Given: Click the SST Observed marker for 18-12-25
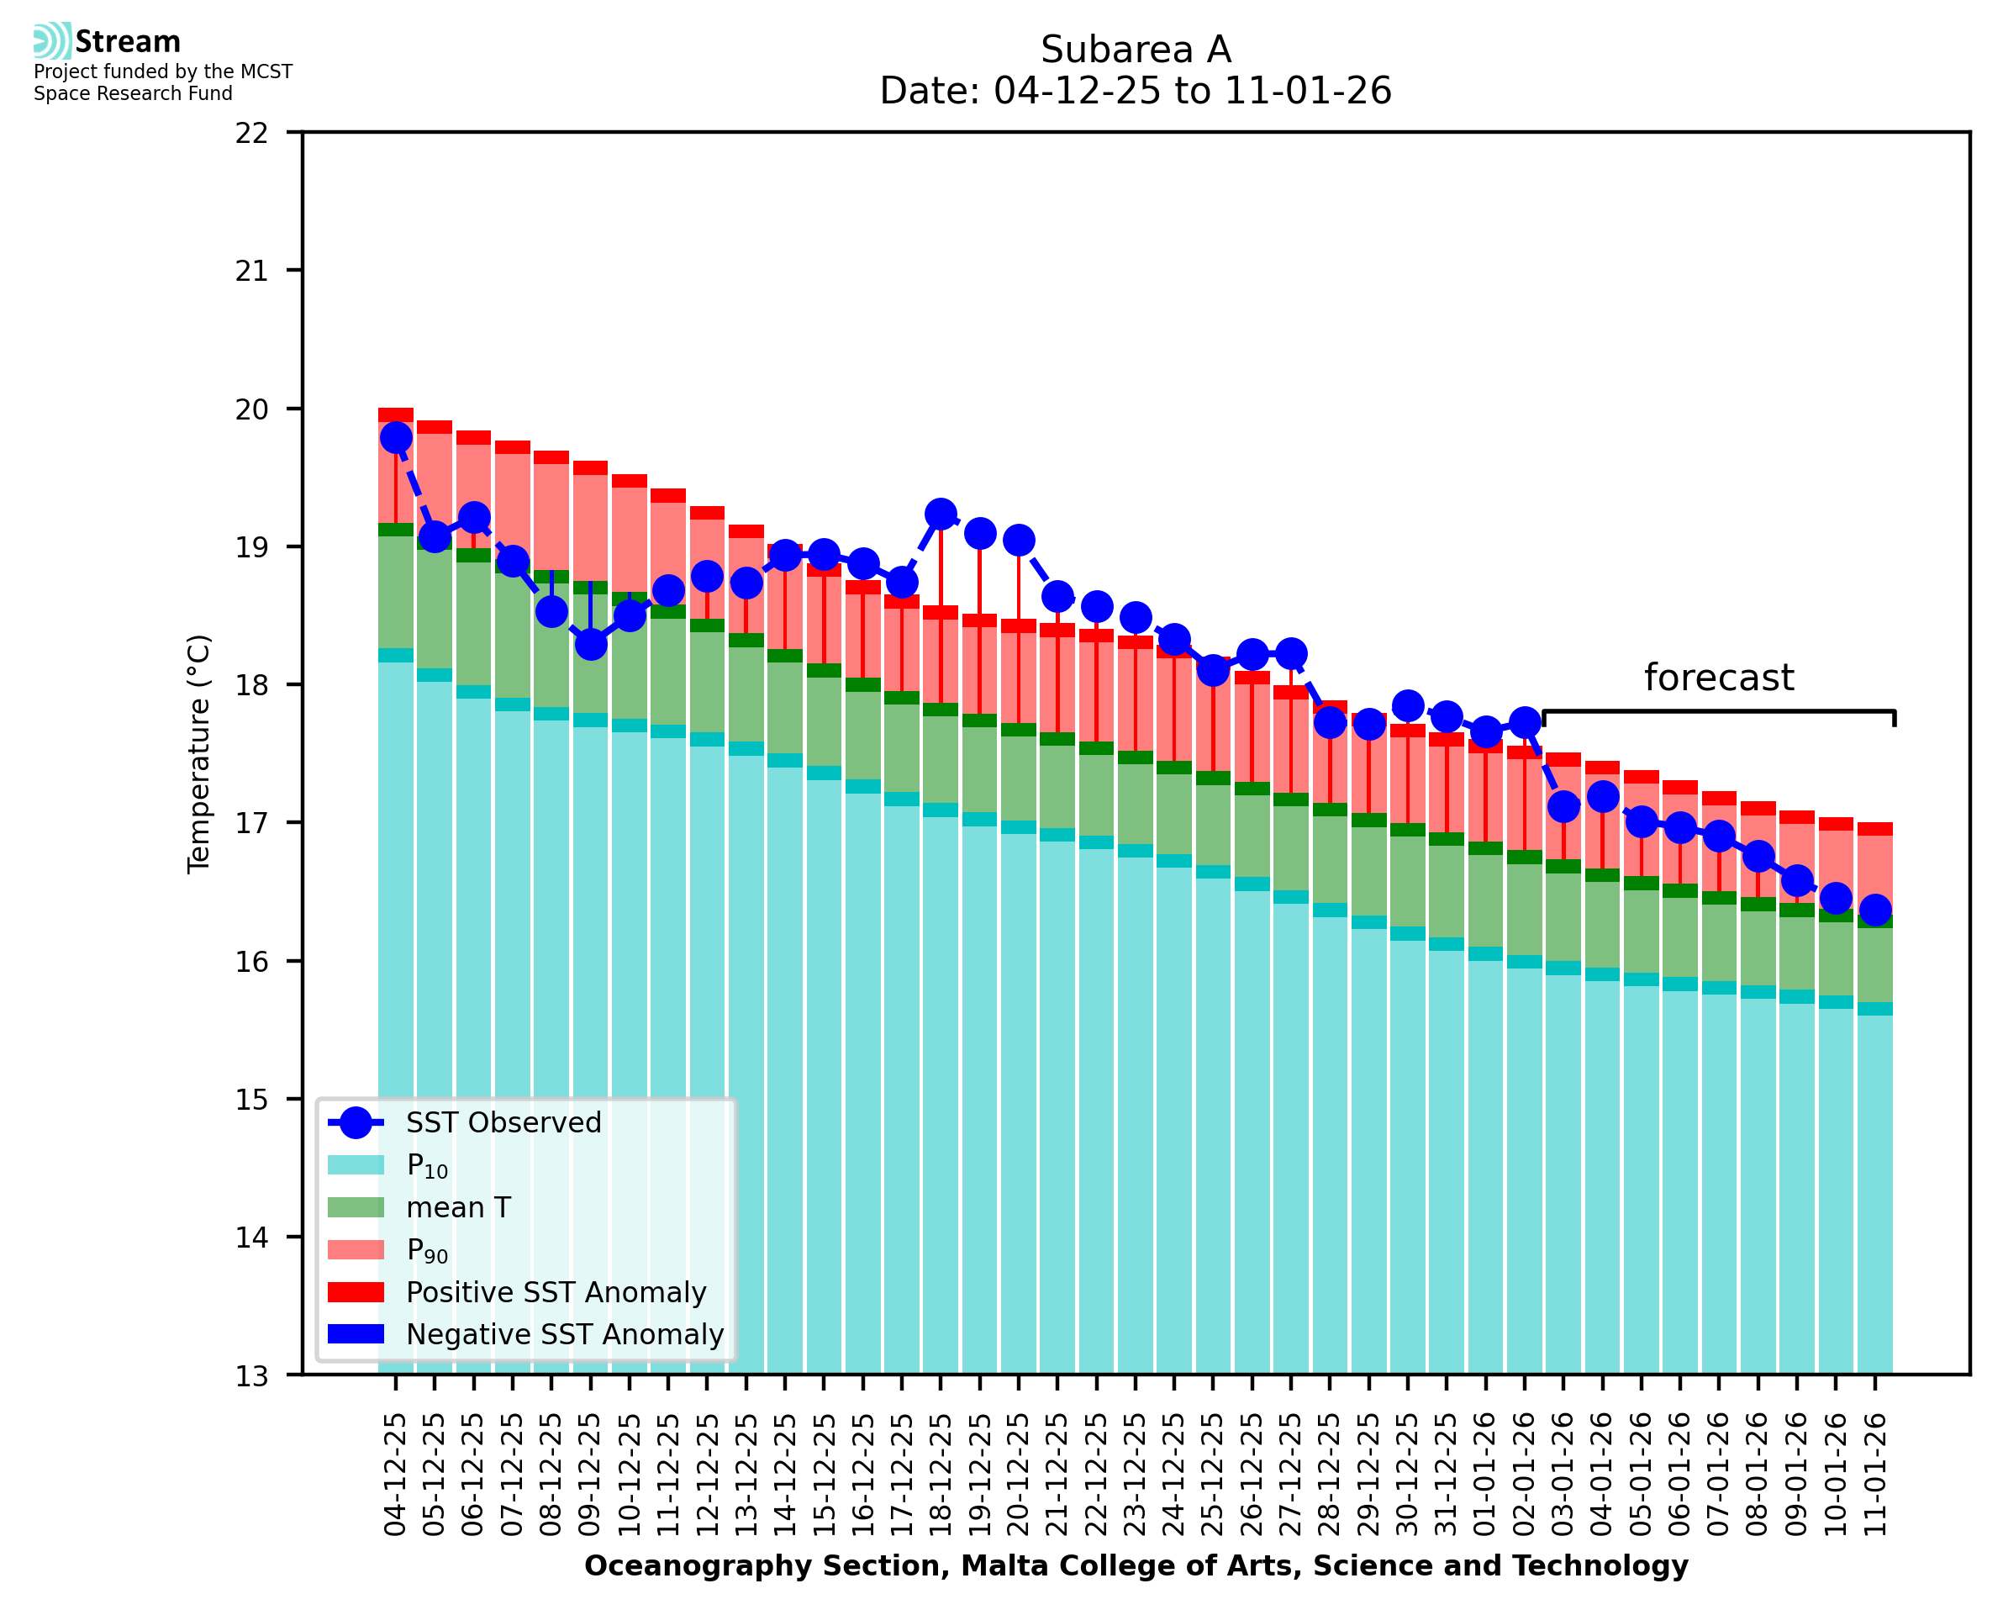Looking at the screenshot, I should (940, 514).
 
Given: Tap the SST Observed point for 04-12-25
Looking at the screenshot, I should (396, 437).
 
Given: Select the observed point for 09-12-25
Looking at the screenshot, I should (591, 644).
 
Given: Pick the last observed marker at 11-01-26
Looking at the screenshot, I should (1874, 909).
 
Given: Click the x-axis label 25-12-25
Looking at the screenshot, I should (1213, 1475).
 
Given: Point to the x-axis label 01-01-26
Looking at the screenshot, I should (1485, 1475).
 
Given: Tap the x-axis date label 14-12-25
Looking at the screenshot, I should (785, 1475).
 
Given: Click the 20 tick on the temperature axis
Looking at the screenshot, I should (251, 409).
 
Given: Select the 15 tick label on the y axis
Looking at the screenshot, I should (251, 1100).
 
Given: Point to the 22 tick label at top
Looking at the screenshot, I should (251, 133).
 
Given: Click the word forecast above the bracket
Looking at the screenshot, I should (1718, 678).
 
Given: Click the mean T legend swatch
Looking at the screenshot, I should (356, 1207).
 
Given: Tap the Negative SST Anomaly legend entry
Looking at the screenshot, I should (565, 1334).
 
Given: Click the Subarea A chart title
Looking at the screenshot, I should (1136, 50).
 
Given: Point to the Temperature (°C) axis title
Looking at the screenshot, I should (199, 753).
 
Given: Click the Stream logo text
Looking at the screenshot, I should (128, 42).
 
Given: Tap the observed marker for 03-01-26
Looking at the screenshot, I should (1563, 806).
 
